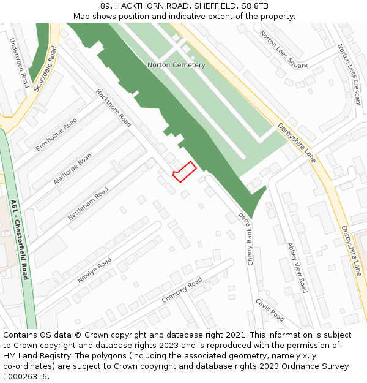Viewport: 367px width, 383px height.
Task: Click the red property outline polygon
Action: click(183, 172)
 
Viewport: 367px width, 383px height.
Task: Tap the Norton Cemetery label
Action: click(176, 64)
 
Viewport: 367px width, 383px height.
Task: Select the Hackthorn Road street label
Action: click(113, 108)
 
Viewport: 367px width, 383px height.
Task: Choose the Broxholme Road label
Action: click(56, 134)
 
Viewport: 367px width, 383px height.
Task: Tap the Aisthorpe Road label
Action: click(72, 169)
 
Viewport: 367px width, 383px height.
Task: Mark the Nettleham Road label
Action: click(87, 204)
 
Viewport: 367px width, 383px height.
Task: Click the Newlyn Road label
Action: click(94, 270)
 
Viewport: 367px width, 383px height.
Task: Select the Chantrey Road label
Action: click(182, 290)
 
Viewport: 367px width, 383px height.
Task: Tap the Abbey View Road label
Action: click(297, 267)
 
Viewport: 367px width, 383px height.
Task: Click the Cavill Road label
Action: click(270, 310)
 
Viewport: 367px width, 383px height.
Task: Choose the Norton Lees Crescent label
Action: click(349, 75)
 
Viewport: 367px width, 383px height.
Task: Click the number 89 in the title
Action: click(106, 6)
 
